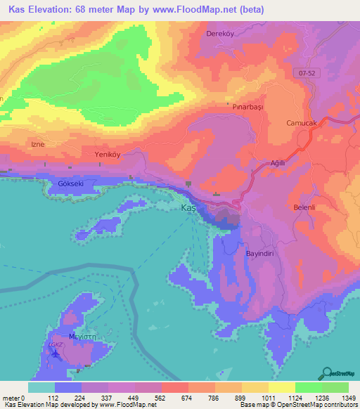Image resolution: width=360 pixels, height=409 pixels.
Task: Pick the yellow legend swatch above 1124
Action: pyautogui.click(x=281, y=387)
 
